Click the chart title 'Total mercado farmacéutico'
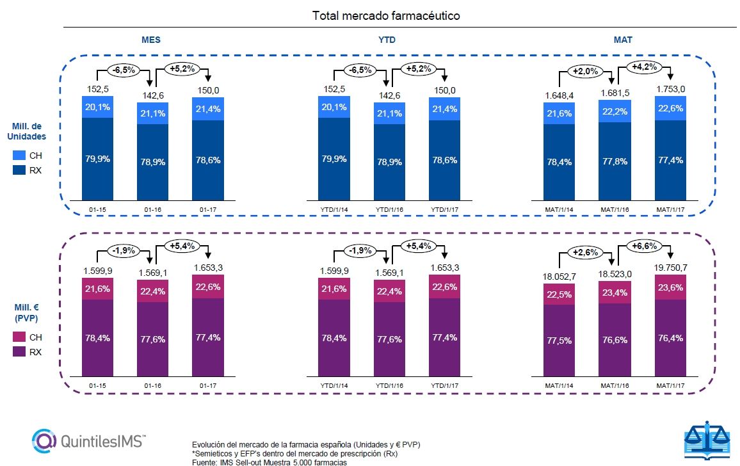(386, 15)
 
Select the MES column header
(150, 40)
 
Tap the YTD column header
(387, 40)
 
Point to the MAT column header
(623, 40)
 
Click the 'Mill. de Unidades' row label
(28, 131)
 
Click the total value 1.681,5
(615, 93)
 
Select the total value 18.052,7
(559, 275)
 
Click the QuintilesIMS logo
(89, 440)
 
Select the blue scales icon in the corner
(706, 442)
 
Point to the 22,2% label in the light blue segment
(615, 111)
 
